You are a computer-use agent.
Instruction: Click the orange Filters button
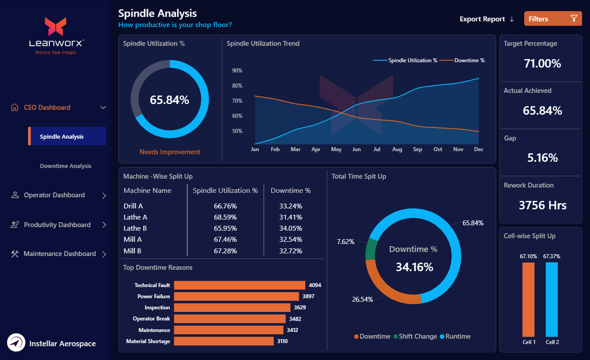[x=553, y=19]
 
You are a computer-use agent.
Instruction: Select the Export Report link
[x=486, y=19]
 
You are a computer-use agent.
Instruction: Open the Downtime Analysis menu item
[x=65, y=166]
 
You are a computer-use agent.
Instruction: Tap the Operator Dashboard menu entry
[x=54, y=195]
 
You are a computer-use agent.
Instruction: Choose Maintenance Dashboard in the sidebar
[x=60, y=254]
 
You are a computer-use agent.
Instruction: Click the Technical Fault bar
[x=239, y=285]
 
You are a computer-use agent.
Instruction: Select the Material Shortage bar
[x=224, y=341]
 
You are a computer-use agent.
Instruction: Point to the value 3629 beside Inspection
[x=300, y=308]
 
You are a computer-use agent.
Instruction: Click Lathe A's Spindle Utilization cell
[x=225, y=217]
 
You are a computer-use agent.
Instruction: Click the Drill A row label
[x=133, y=206]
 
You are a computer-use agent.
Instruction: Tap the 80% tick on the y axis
[x=237, y=86]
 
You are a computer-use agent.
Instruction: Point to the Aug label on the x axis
[x=397, y=149]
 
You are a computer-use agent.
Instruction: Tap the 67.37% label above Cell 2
[x=552, y=256]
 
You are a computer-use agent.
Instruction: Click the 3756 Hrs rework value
[x=542, y=205]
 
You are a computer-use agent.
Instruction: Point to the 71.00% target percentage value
[x=542, y=64]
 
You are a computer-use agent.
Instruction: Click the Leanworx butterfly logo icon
[x=56, y=27]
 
